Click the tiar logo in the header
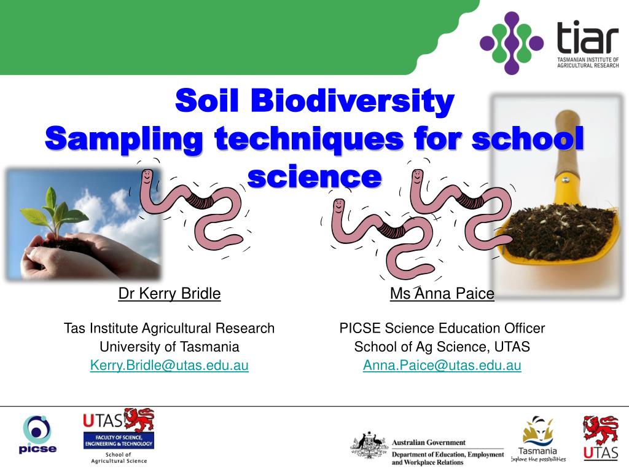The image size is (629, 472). [x=549, y=42]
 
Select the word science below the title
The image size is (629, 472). [x=314, y=176]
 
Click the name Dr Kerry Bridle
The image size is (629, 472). [x=170, y=294]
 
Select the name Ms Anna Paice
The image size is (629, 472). [x=442, y=294]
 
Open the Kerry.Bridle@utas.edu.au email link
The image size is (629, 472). [x=170, y=366]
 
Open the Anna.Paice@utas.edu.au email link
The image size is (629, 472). [x=442, y=366]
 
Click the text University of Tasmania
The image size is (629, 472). [x=170, y=347]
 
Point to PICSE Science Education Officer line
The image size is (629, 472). [x=442, y=328]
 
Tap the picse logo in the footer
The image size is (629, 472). [x=37, y=434]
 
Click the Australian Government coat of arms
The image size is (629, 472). [x=370, y=446]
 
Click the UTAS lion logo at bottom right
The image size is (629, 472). [x=600, y=437]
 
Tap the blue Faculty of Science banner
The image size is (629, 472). [x=119, y=440]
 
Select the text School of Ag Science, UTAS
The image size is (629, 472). [x=442, y=347]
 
